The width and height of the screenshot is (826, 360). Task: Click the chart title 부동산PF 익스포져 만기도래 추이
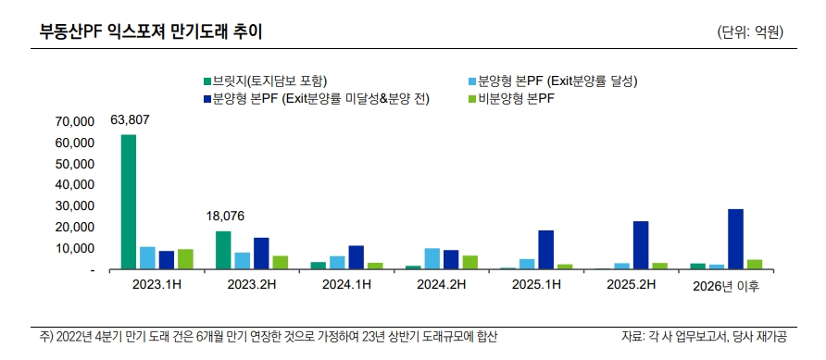pyautogui.click(x=150, y=31)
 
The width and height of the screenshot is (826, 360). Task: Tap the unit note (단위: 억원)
pyautogui.click(x=750, y=32)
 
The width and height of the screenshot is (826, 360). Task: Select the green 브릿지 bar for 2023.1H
pyautogui.click(x=129, y=202)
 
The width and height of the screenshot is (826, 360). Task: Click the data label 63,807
pyautogui.click(x=130, y=119)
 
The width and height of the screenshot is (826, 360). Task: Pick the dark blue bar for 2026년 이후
pyautogui.click(x=735, y=239)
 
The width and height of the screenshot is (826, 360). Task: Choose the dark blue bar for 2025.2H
pyautogui.click(x=641, y=245)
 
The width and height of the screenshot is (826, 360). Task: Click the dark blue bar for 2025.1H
pyautogui.click(x=545, y=250)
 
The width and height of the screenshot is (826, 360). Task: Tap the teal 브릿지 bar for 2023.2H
pyautogui.click(x=223, y=250)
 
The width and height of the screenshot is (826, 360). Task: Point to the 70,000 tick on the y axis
pyautogui.click(x=75, y=121)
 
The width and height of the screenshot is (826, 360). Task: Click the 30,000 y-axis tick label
pyautogui.click(x=75, y=206)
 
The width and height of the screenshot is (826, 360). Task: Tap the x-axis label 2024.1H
pyautogui.click(x=345, y=285)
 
